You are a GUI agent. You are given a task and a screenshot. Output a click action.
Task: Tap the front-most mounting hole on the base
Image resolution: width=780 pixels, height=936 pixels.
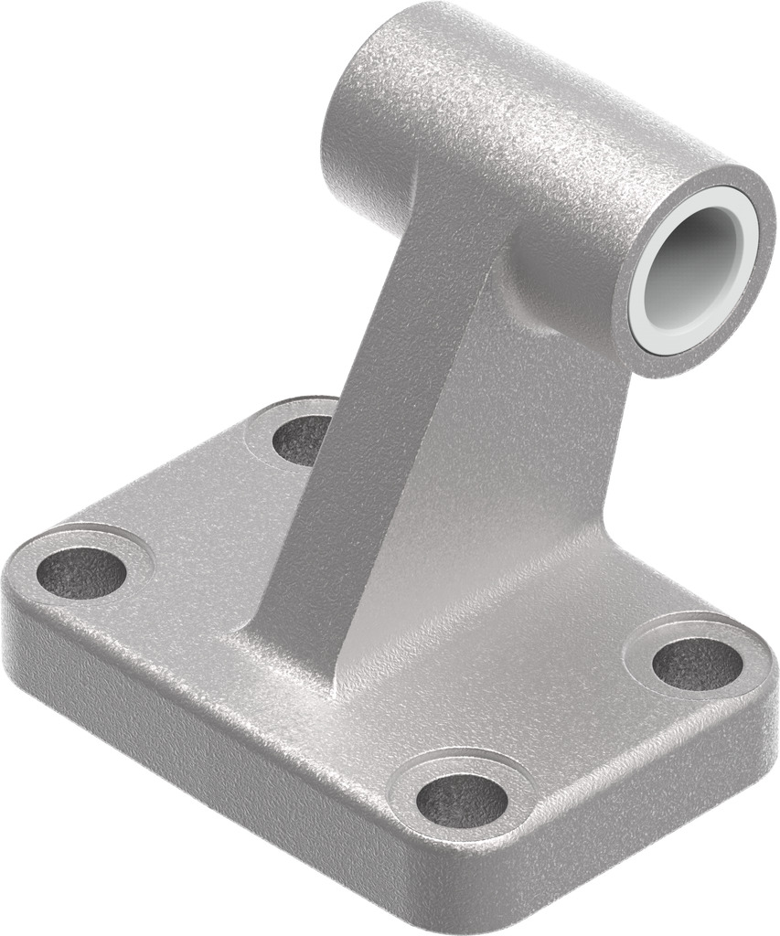click(462, 801)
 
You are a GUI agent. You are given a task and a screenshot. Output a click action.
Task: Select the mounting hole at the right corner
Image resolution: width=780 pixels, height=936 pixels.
click(697, 663)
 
